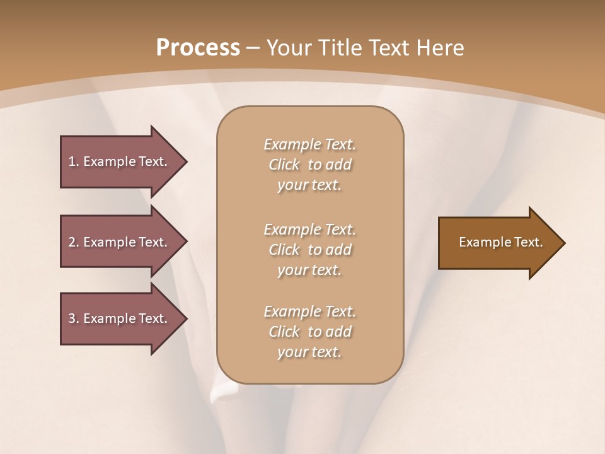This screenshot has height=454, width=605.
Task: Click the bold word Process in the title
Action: coord(198,48)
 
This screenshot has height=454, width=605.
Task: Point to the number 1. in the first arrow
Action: coord(73,161)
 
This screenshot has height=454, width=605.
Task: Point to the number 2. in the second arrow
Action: coord(73,242)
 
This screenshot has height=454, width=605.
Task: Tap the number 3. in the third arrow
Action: coord(73,318)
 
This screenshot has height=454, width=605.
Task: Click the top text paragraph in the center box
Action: coord(309,165)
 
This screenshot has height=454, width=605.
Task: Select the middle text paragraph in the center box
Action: coord(309,249)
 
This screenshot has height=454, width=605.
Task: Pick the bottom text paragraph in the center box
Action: coord(309,332)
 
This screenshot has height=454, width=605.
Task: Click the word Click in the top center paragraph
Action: coord(284,165)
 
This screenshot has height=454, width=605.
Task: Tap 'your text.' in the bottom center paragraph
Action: coord(309,352)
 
